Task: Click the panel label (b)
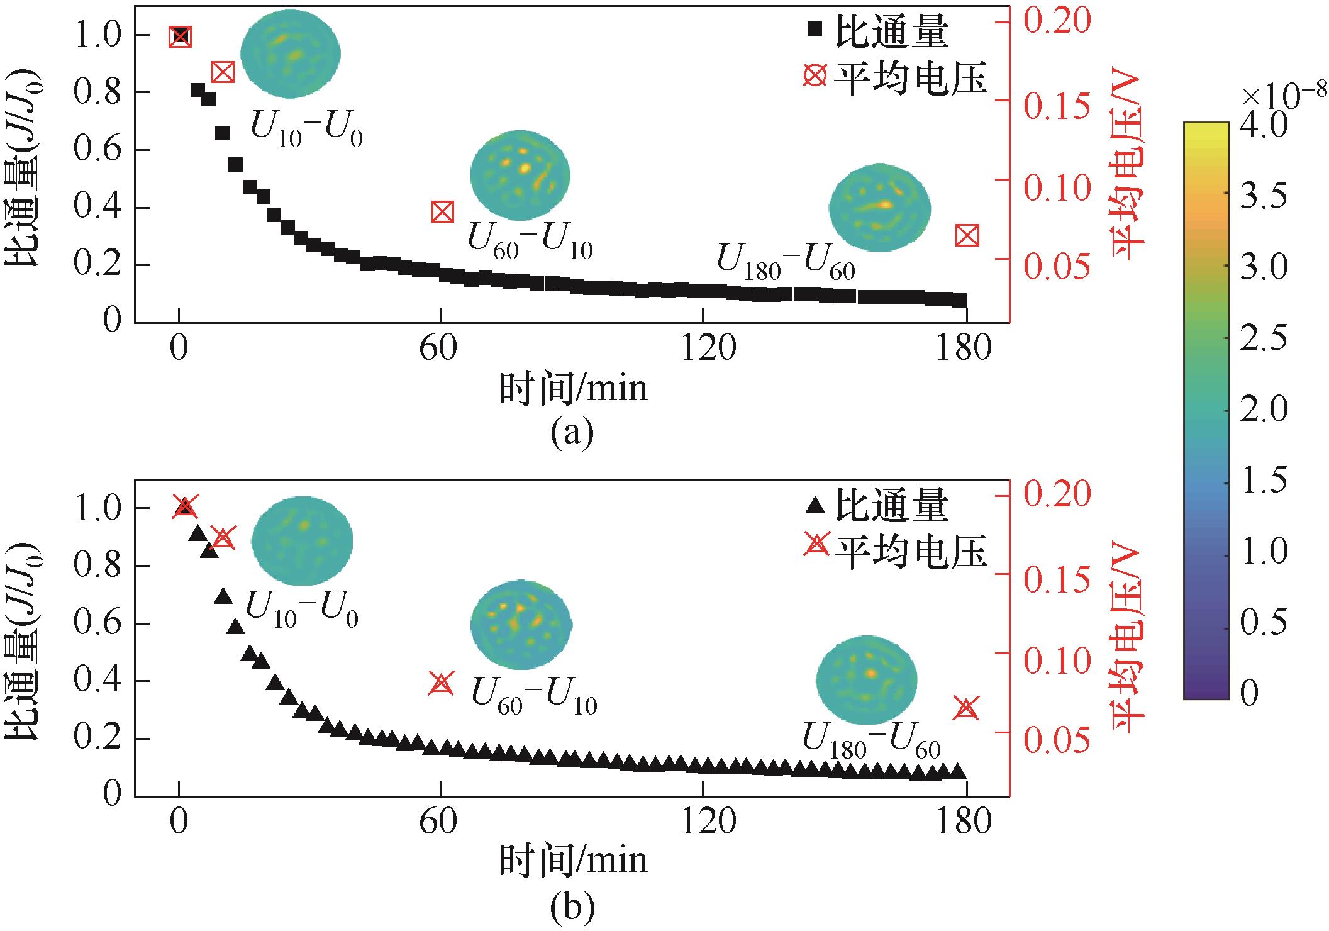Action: click(572, 906)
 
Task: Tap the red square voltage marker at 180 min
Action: click(967, 236)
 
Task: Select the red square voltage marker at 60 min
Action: click(442, 213)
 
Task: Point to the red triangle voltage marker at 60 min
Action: click(441, 683)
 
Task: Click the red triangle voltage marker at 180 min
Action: click(966, 708)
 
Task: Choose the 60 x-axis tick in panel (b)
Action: click(439, 822)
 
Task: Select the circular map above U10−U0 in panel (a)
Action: click(291, 54)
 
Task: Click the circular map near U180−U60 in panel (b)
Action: click(867, 681)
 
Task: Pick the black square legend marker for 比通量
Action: click(816, 29)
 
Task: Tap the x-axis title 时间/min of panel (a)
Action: click(573, 388)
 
